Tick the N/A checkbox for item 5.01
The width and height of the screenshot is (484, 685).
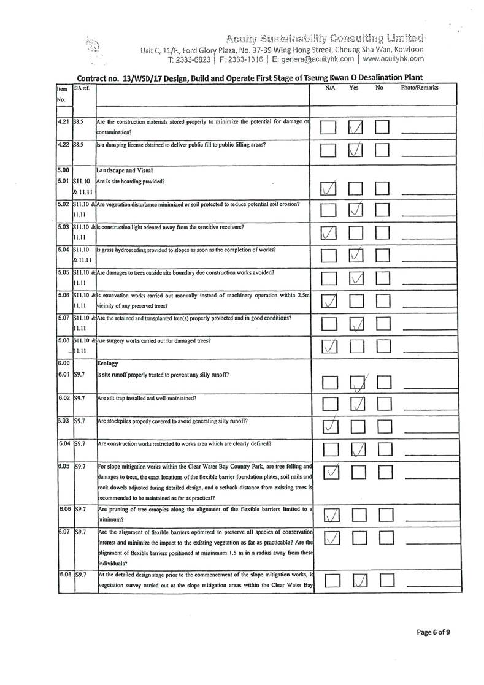329,191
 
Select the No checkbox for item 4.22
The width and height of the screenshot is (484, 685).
383,151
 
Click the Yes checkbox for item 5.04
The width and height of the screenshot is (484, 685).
358,255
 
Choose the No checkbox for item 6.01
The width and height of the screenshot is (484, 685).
383,385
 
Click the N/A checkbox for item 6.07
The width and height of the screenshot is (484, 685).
329,538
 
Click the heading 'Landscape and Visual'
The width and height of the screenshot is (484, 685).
126,170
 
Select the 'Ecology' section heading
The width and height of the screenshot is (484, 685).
109,363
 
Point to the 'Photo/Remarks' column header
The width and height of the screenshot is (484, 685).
420,88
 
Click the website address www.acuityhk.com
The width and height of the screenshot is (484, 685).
394,59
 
